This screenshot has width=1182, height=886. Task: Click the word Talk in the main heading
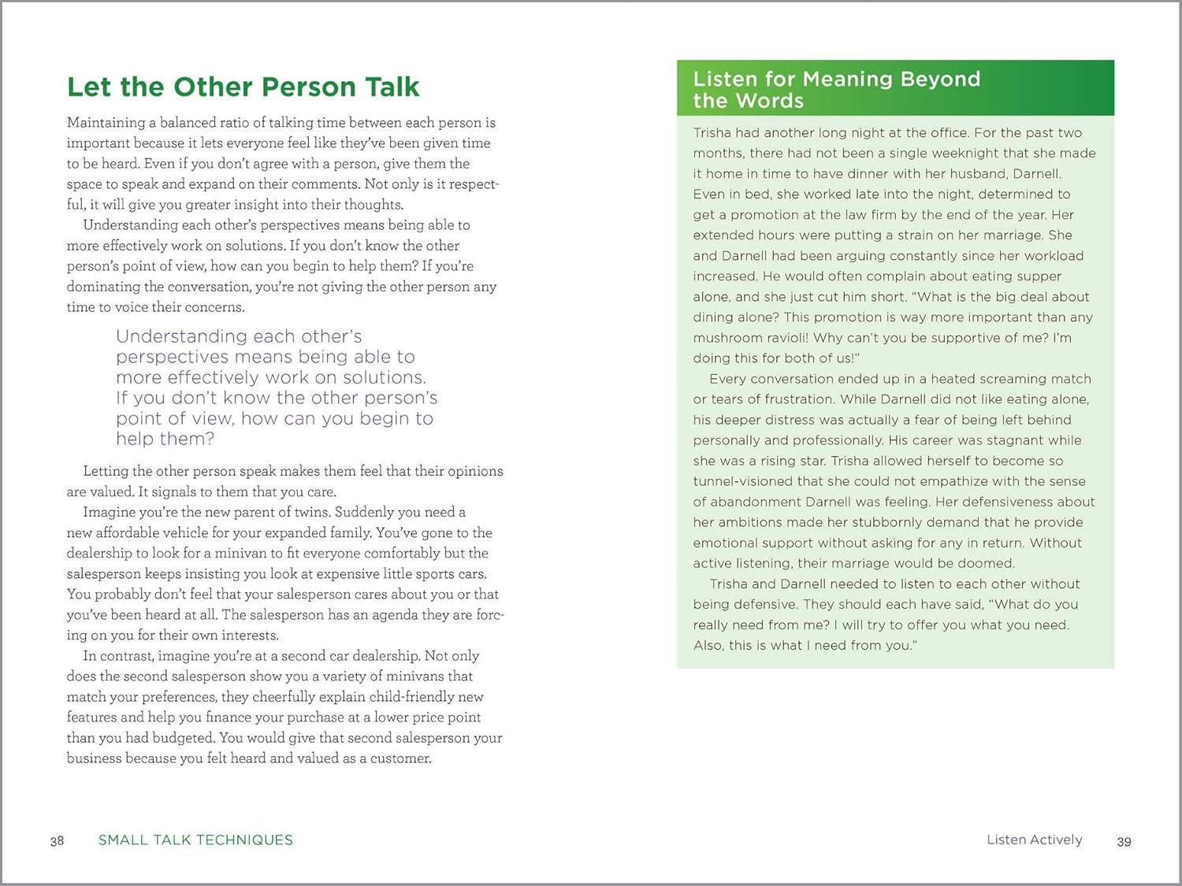coord(384,87)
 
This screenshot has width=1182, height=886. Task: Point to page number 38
coord(57,841)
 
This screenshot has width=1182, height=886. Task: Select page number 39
coord(1124,842)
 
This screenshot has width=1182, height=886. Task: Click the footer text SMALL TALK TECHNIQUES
coord(195,840)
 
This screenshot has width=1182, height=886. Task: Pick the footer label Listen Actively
coord(1034,840)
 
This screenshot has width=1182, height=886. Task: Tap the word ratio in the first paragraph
coord(232,123)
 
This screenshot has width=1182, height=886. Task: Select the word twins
coord(311,512)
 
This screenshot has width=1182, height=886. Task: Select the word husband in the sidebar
coord(974,174)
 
